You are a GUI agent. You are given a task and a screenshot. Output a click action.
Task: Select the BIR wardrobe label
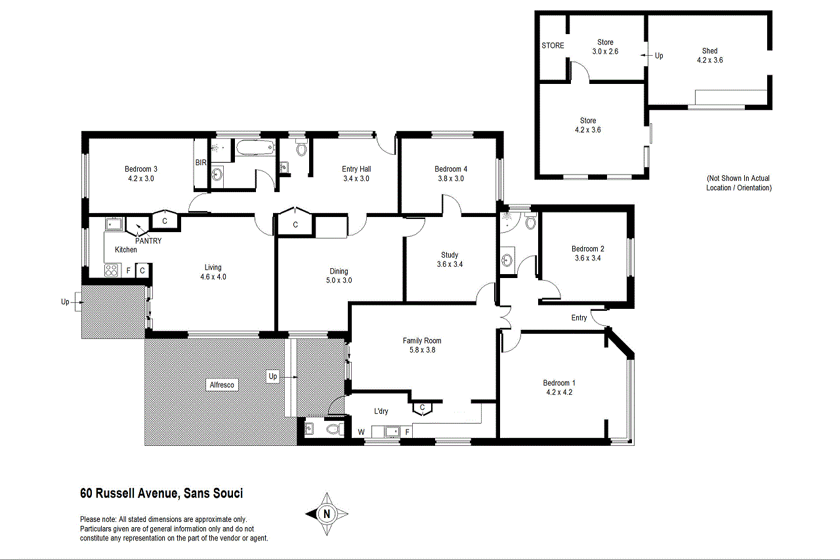(200, 163)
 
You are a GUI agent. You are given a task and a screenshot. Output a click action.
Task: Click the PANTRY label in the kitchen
(148, 241)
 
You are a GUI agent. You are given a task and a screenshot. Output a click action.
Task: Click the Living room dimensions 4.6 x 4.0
(213, 277)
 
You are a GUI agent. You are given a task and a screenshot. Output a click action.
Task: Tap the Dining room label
(339, 271)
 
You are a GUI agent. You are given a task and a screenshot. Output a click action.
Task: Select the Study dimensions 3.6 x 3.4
(450, 264)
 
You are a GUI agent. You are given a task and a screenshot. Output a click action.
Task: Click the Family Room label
(422, 340)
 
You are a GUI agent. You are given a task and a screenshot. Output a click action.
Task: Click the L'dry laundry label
(381, 412)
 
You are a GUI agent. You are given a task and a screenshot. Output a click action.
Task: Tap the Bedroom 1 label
(559, 383)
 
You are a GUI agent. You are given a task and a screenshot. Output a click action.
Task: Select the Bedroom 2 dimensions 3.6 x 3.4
(587, 258)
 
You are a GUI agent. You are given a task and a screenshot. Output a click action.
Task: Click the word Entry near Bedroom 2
(579, 318)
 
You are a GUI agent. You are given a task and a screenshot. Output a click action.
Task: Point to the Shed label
(709, 50)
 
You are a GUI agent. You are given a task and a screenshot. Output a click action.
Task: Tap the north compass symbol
(327, 513)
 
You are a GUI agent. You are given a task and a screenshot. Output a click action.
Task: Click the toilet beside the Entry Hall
(301, 150)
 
